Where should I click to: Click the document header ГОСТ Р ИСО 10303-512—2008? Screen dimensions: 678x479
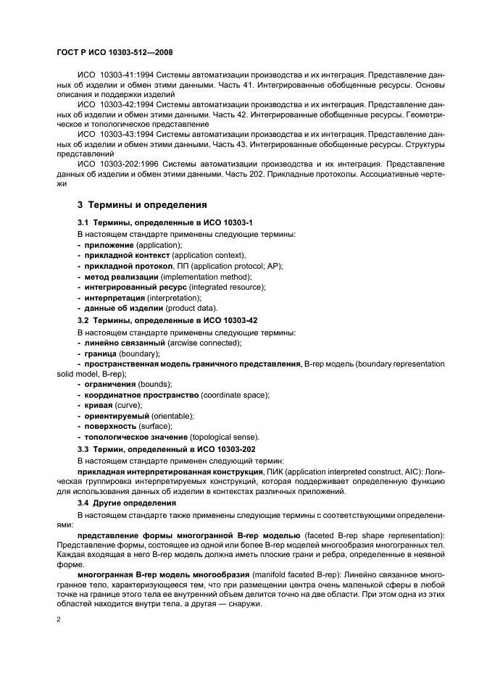point(114,53)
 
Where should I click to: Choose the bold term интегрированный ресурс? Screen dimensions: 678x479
point(130,287)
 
